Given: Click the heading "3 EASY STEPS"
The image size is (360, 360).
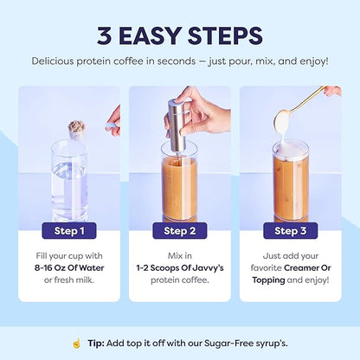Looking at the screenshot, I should tap(179, 35).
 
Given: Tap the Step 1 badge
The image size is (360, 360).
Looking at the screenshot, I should tap(69, 230).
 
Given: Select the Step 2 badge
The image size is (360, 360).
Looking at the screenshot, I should tap(179, 230).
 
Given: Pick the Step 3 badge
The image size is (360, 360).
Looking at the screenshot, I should tap(290, 230).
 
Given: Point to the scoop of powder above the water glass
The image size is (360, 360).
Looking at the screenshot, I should tap(77, 130).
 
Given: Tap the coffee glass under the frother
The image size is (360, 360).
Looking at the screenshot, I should tap(179, 186).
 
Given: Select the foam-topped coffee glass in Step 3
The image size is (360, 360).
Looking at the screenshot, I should tap(291, 182).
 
